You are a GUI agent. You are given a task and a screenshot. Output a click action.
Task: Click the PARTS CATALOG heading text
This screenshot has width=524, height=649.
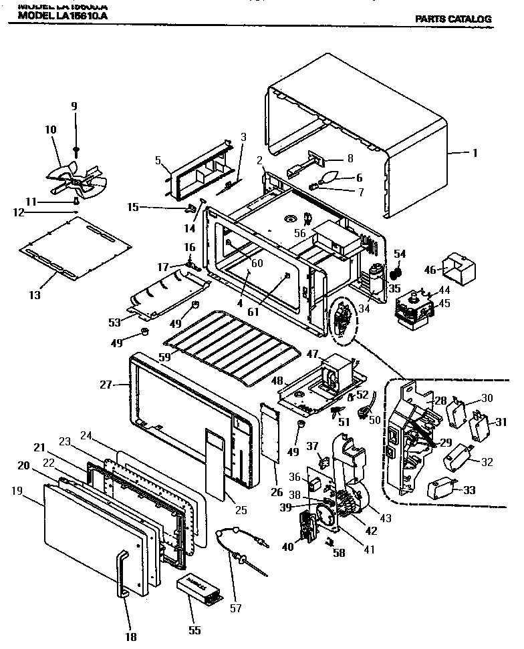pyautogui.click(x=453, y=19)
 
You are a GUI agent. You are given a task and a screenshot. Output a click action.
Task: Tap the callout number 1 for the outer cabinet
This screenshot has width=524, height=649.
pyautogui.click(x=475, y=153)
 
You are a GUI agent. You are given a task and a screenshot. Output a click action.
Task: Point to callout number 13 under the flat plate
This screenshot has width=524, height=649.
pyautogui.click(x=35, y=294)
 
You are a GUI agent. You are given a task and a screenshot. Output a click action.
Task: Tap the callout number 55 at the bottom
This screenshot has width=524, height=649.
pyautogui.click(x=194, y=630)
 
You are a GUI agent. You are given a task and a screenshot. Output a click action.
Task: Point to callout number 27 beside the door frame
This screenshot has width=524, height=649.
pyautogui.click(x=105, y=385)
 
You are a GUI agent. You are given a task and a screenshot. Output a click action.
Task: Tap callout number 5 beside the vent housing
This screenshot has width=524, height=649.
pyautogui.click(x=158, y=160)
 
